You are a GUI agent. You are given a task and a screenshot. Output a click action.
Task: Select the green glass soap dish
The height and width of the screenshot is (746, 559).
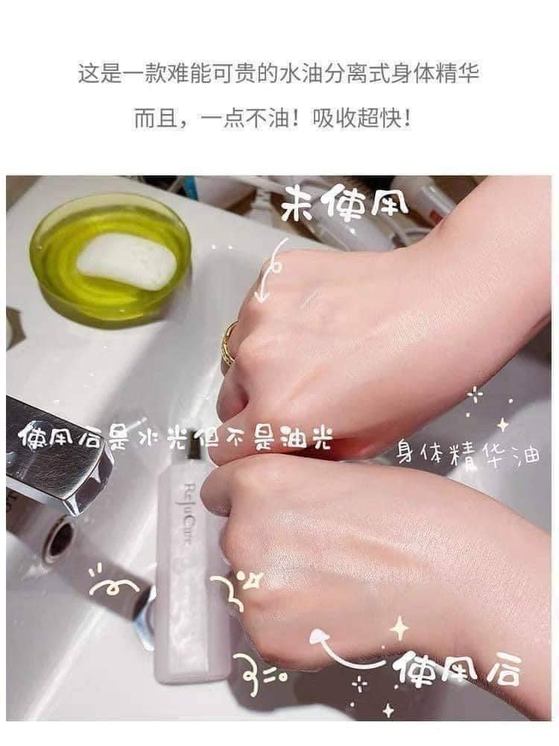[x=110, y=260]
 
